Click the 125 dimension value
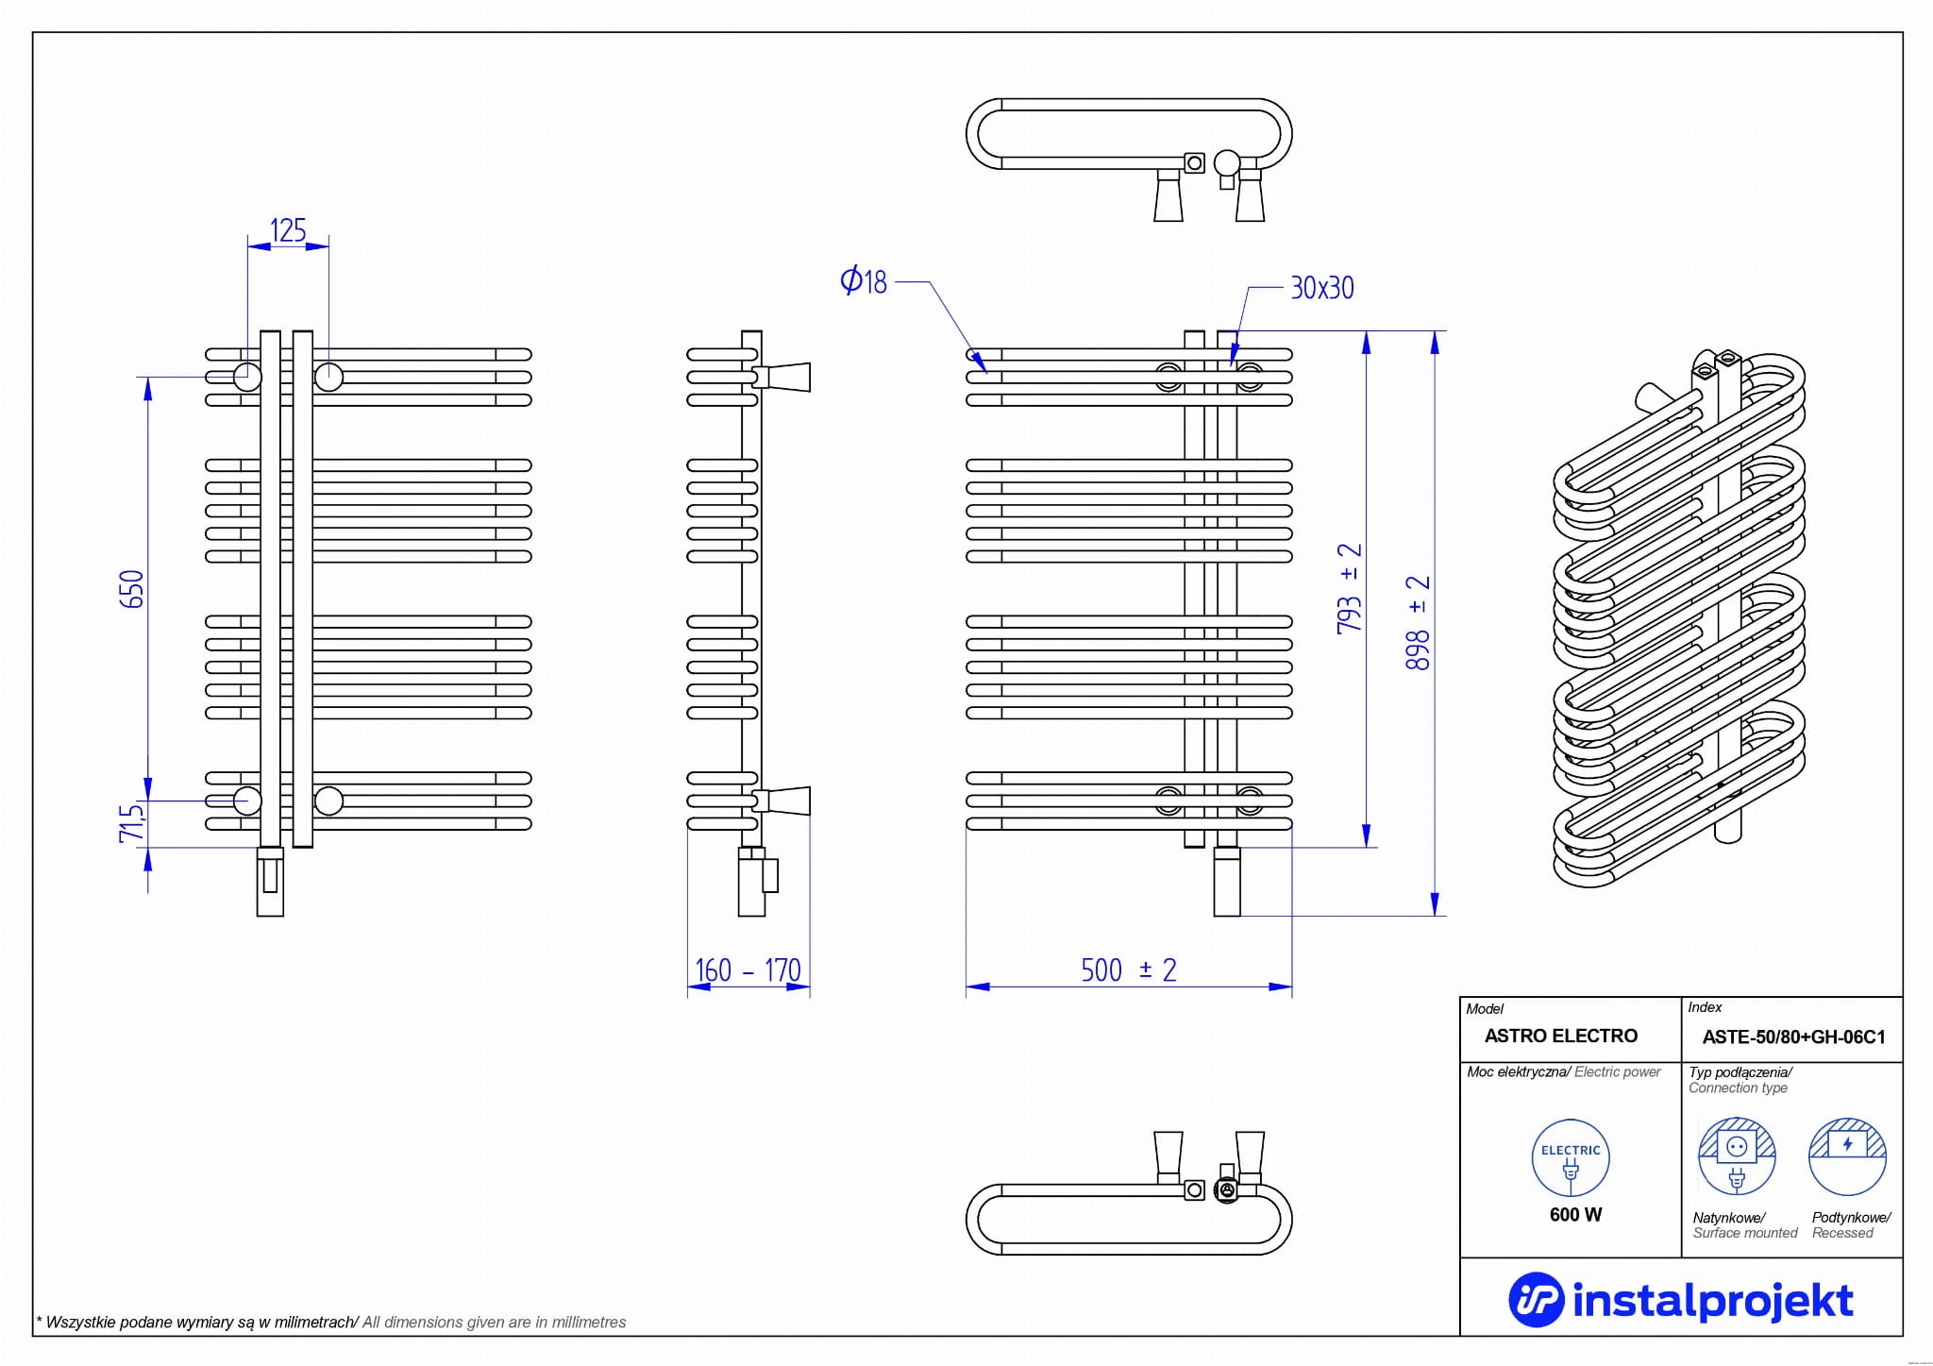[288, 230]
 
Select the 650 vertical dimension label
[133, 588]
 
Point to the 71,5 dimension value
[133, 821]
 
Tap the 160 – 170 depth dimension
[748, 970]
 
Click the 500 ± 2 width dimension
[1128, 970]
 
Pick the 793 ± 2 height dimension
[1350, 587]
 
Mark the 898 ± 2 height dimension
[1418, 623]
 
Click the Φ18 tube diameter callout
[864, 280]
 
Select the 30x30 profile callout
[1321, 288]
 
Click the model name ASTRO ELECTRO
[1560, 1036]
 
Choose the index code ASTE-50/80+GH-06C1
[1793, 1037]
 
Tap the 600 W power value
[1575, 1215]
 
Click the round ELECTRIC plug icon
[1571, 1158]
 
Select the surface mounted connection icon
[1737, 1157]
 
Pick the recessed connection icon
[1847, 1157]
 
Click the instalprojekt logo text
[1712, 1300]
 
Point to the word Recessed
[1842, 1233]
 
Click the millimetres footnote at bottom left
[331, 1322]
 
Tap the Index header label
[1705, 1007]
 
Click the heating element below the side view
[752, 883]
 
